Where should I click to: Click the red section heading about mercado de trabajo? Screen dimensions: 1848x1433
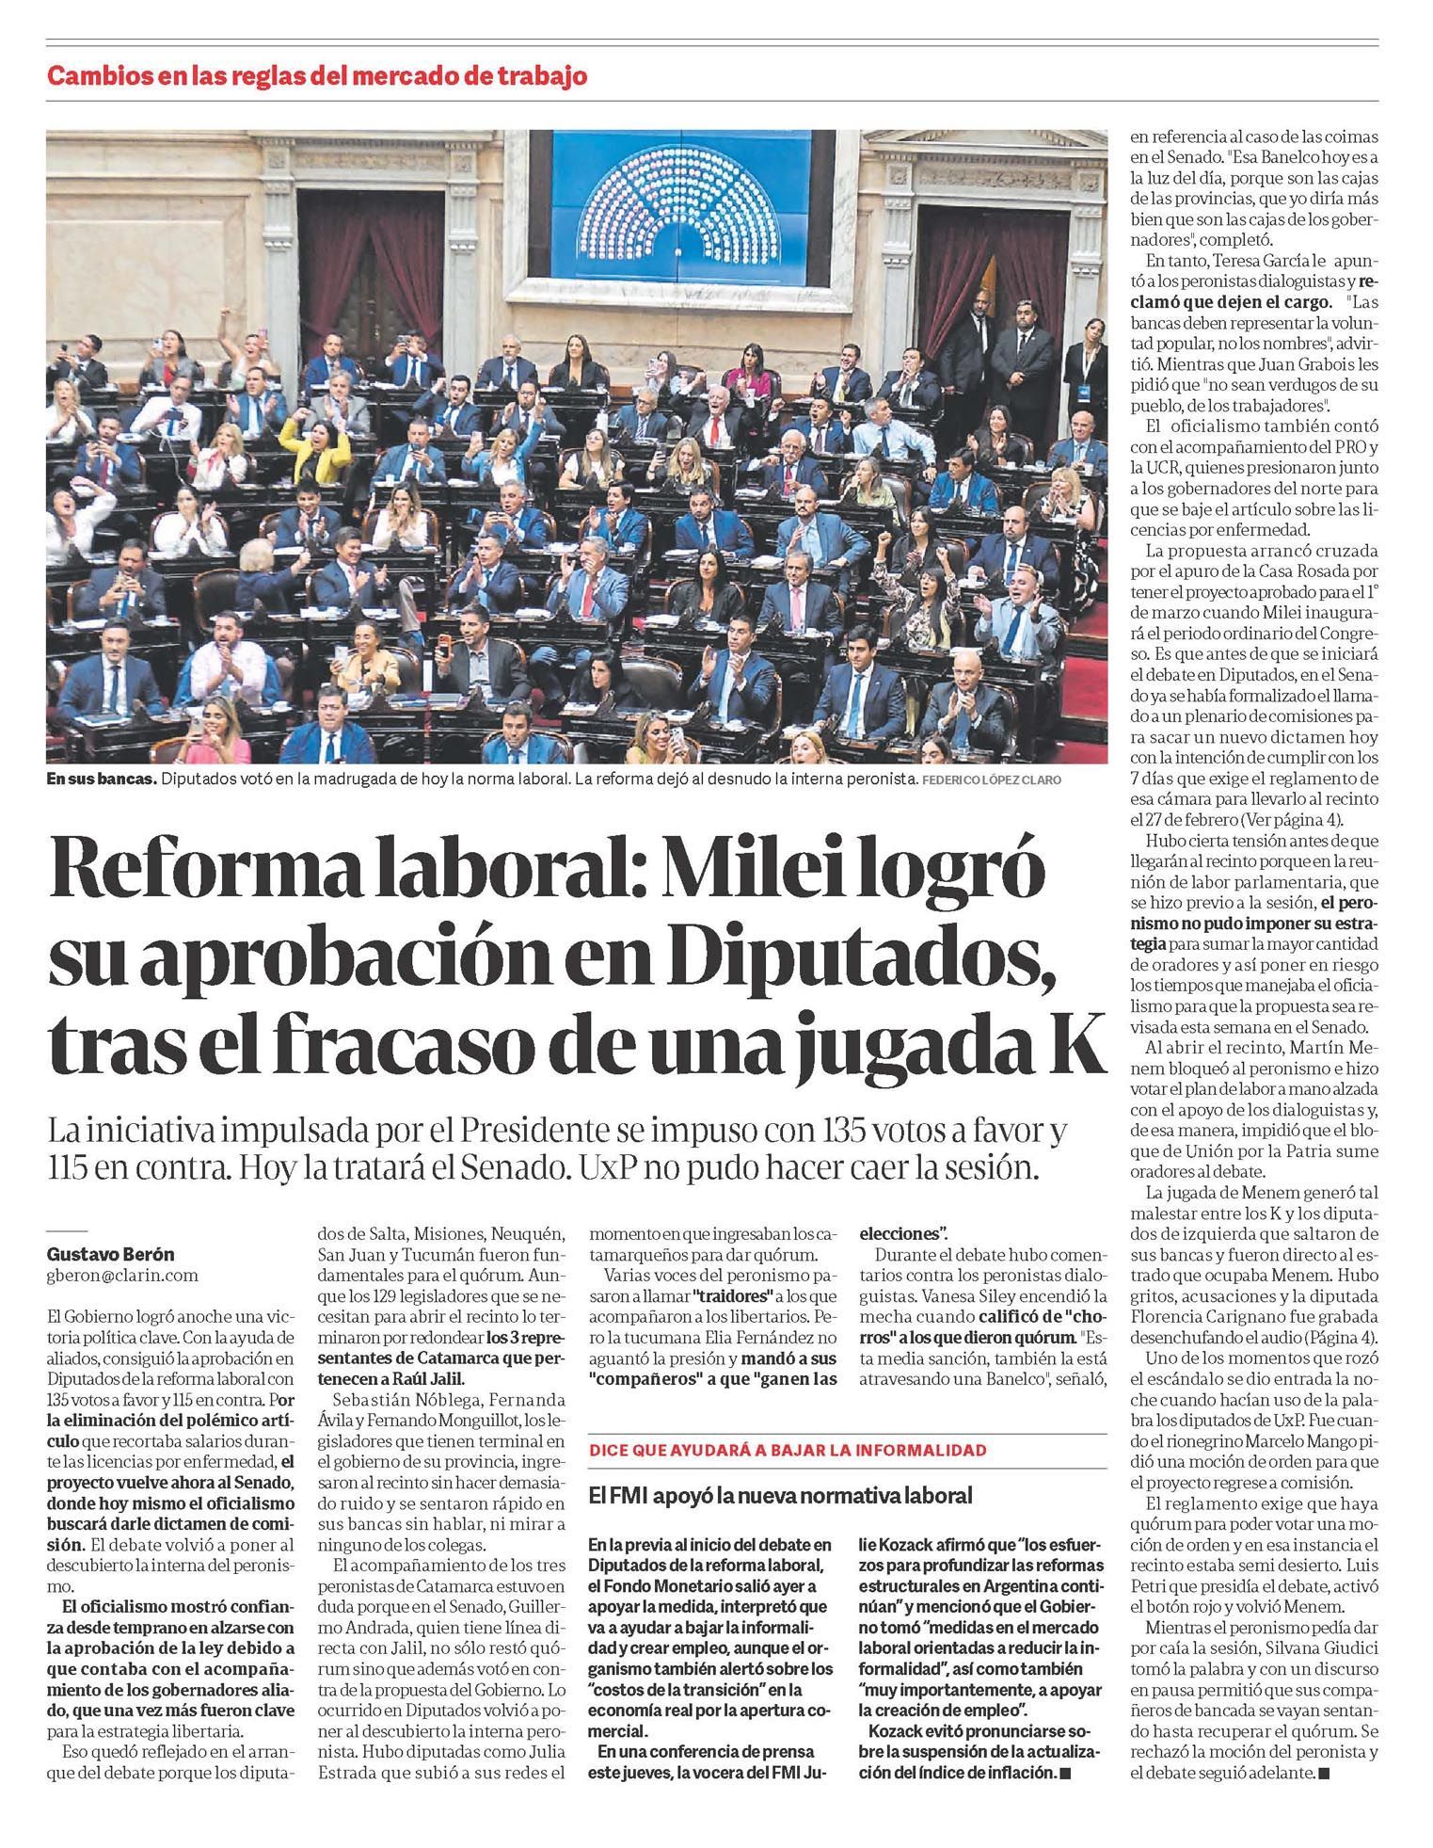(x=317, y=75)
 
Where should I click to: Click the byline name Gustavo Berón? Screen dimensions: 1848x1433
(x=110, y=1254)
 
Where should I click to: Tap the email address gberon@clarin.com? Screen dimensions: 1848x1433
(x=122, y=1275)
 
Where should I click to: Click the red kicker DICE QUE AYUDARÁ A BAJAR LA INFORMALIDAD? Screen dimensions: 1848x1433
(x=788, y=1450)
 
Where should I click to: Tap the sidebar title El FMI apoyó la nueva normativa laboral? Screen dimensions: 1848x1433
(x=779, y=1496)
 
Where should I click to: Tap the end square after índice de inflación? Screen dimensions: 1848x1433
(x=1066, y=1773)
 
